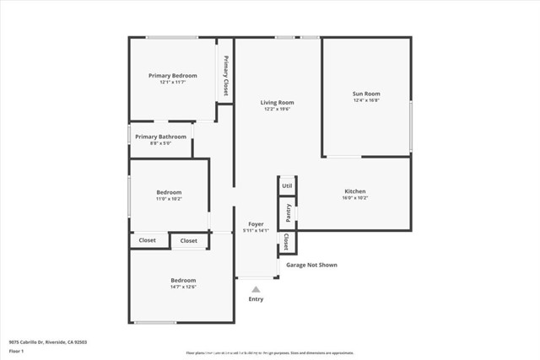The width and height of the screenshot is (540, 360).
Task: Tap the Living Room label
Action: click(x=277, y=102)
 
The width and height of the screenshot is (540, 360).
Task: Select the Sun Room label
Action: click(x=366, y=94)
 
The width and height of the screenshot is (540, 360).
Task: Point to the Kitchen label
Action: click(x=354, y=191)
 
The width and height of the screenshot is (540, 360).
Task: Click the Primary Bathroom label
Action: click(x=160, y=137)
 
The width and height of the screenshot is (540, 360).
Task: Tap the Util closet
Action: click(x=287, y=185)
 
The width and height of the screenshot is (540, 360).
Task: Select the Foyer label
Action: click(x=255, y=223)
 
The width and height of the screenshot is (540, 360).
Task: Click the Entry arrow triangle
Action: click(x=256, y=289)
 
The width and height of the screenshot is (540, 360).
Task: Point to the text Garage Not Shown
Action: click(x=311, y=265)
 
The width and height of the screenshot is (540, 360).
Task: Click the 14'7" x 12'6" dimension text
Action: click(x=183, y=287)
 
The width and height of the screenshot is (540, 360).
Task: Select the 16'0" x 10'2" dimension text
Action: click(x=354, y=198)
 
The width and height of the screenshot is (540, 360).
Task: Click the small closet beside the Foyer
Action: click(x=287, y=242)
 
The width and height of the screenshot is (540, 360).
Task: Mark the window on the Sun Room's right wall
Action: click(x=411, y=126)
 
